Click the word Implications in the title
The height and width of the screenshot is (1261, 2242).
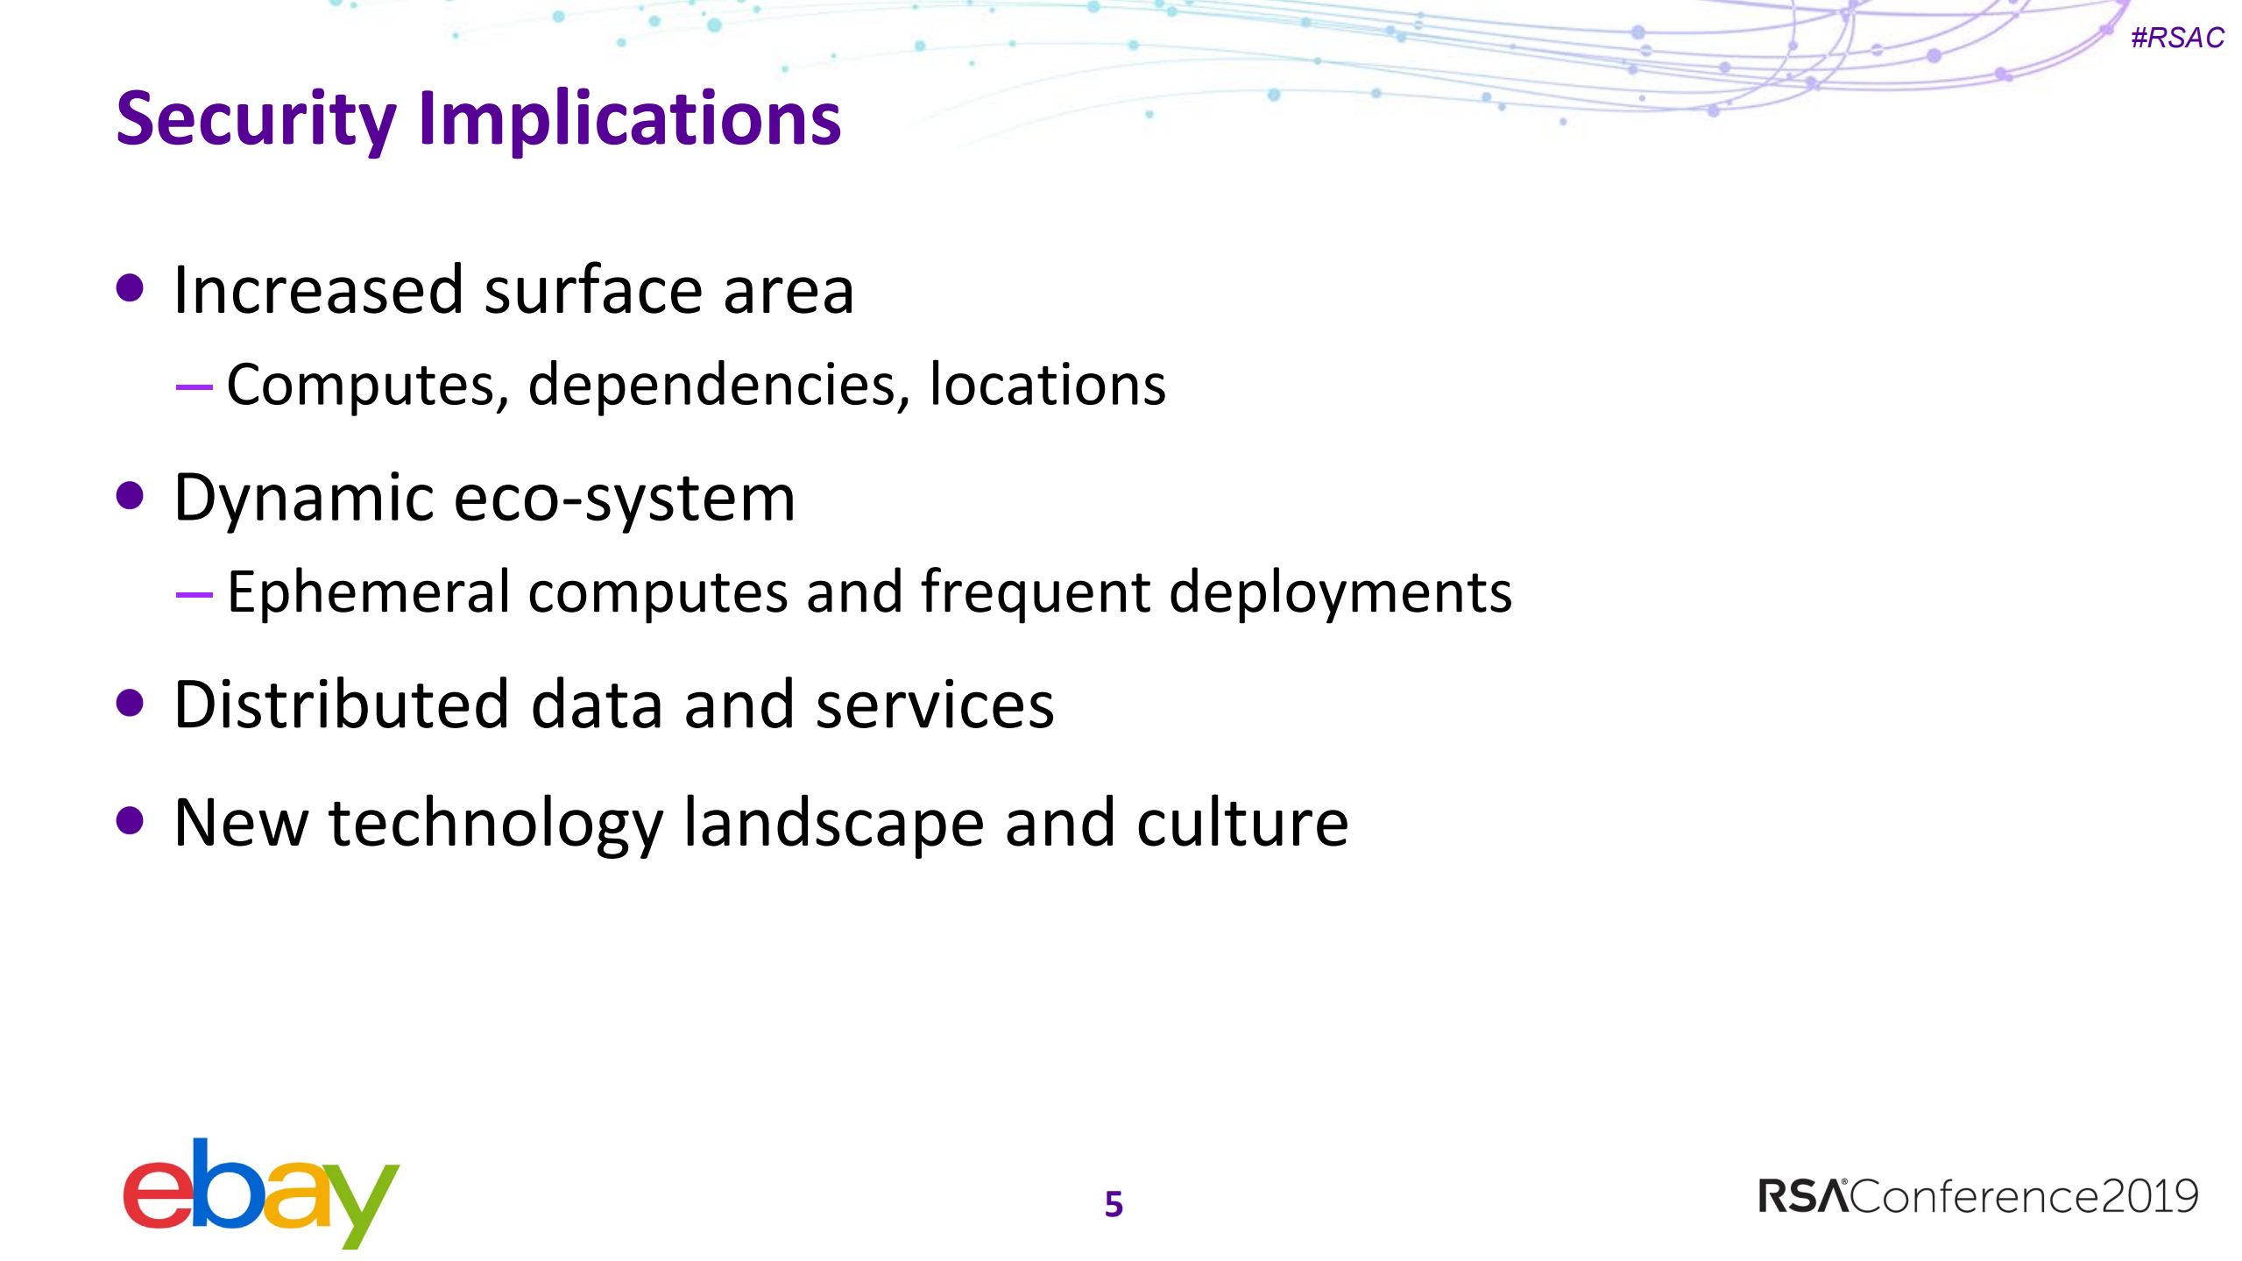pos(630,119)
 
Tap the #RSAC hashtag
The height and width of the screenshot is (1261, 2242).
pos(2176,38)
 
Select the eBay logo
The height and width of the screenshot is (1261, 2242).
pos(261,1194)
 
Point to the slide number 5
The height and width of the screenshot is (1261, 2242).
pos(1114,1204)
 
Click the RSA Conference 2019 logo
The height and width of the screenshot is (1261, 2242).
pos(1978,1196)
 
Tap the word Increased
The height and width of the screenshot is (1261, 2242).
pos(318,290)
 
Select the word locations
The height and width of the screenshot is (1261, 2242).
pos(1047,385)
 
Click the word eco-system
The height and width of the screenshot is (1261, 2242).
pos(625,499)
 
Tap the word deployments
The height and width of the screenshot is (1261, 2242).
pos(1340,593)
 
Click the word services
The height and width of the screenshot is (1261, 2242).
pos(934,705)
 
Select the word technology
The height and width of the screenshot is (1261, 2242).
pos(495,825)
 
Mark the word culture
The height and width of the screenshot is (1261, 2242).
pos(1242,823)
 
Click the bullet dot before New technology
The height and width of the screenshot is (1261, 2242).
pos(130,821)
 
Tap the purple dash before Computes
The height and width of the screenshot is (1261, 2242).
pos(194,386)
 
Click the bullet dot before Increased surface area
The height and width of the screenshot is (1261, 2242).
pos(130,288)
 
